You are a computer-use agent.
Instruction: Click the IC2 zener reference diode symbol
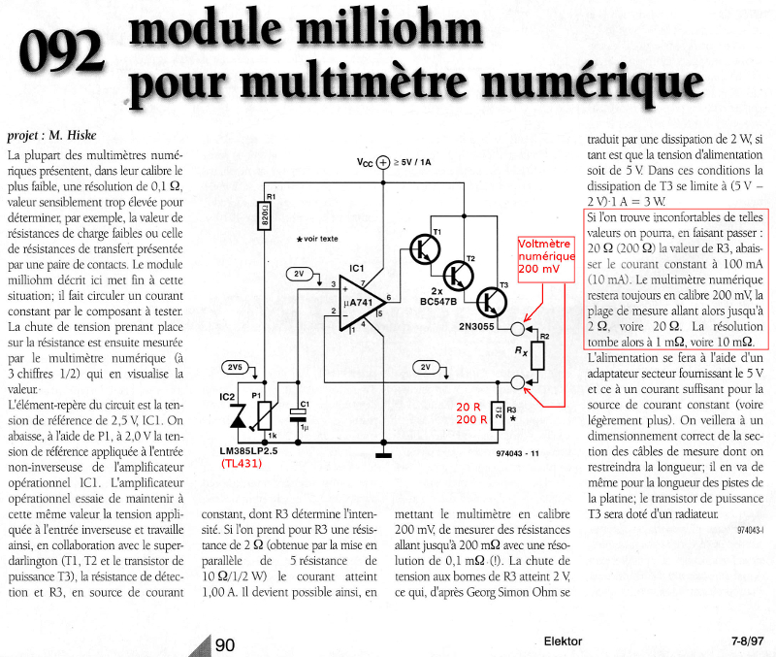tap(232, 414)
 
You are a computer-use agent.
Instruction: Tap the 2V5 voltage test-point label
tap(232, 367)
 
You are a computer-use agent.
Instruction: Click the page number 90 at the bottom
tap(224, 644)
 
